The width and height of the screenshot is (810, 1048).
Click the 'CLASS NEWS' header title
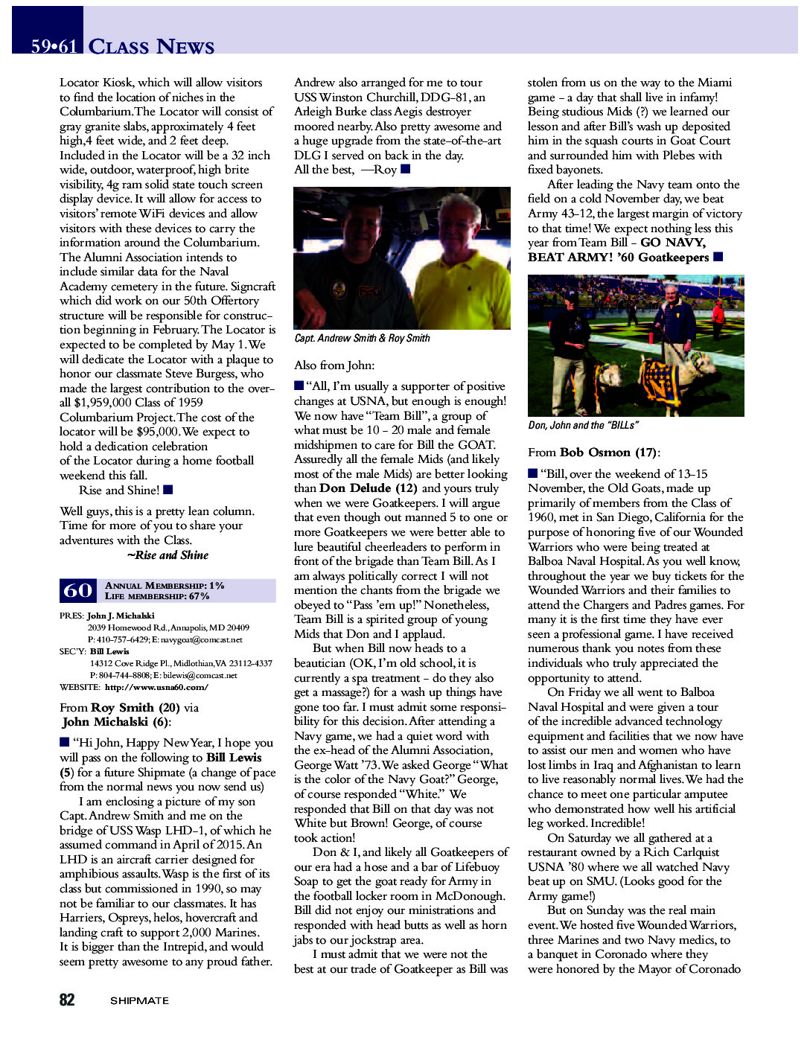(151, 47)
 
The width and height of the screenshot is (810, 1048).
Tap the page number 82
(67, 1000)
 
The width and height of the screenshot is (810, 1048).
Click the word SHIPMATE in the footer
(139, 1000)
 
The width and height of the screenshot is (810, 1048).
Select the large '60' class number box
(77, 590)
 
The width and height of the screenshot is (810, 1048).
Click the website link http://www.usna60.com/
(156, 687)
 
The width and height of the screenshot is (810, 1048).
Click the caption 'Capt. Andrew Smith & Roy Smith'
(362, 338)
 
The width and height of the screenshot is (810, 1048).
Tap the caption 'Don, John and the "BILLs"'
(583, 425)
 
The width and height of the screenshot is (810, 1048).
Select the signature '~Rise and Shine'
(168, 555)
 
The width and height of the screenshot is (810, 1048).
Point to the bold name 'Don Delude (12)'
(368, 488)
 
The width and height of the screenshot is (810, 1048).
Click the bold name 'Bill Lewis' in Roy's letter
(234, 758)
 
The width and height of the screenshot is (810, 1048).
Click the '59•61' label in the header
(54, 47)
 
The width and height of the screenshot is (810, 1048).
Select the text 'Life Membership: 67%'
(157, 596)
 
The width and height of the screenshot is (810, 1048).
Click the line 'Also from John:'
(334, 365)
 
